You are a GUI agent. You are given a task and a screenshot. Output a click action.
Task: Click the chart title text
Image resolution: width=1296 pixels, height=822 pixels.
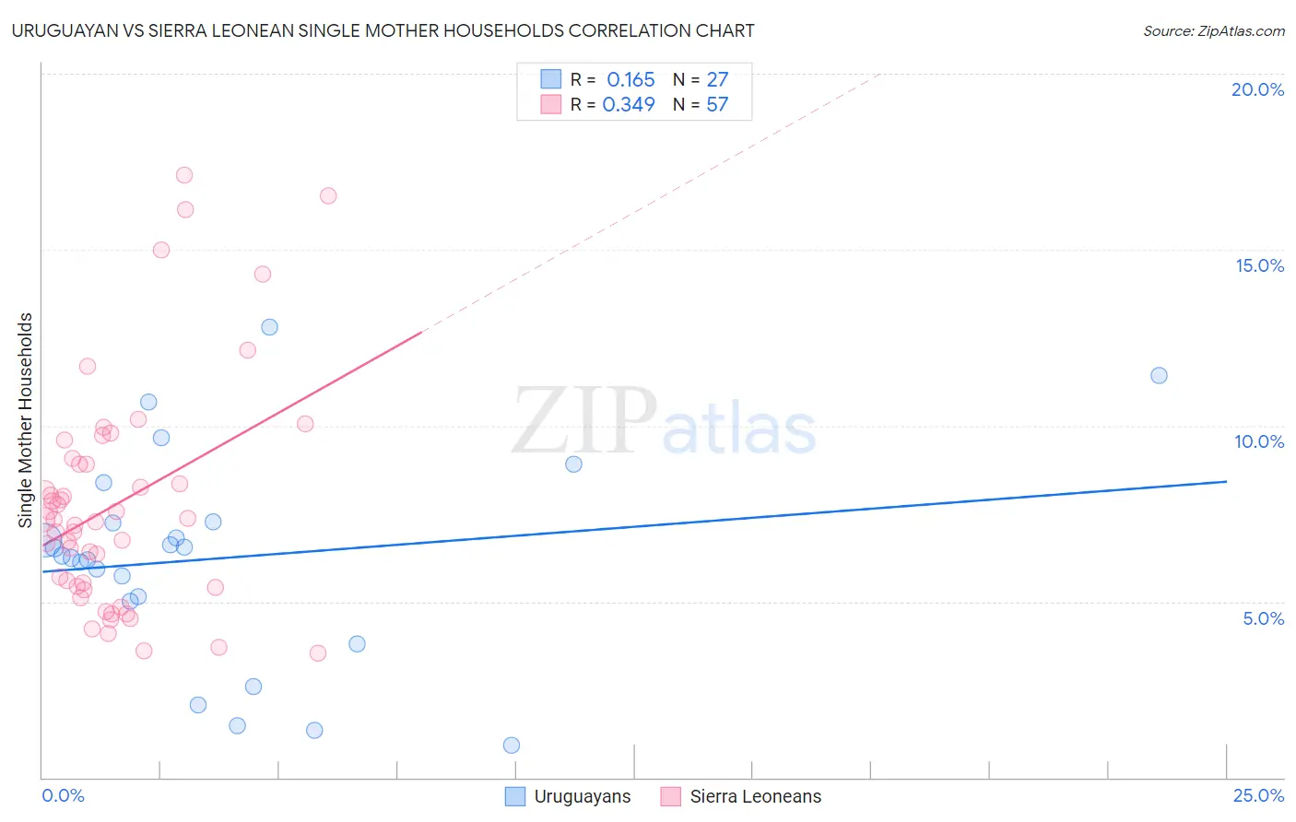point(383,31)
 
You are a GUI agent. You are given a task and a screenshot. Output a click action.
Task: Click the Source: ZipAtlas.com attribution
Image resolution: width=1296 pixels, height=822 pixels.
point(1213,31)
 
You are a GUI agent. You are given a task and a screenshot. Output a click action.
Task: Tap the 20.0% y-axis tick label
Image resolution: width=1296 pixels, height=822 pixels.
point(1257,89)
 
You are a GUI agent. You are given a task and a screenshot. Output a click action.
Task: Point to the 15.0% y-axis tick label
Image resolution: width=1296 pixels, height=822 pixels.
point(1259,265)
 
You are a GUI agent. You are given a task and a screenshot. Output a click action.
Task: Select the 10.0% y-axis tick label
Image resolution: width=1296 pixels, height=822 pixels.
point(1259,441)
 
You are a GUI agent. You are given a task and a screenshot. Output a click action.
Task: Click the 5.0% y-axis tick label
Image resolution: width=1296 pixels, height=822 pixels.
point(1263,618)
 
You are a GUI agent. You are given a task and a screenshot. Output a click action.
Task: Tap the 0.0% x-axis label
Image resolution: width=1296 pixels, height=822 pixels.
point(63,796)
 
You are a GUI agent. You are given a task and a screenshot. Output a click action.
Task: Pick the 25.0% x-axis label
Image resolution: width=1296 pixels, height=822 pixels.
point(1258,796)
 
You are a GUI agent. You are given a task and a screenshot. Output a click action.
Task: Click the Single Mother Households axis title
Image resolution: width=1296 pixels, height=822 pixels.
point(26,420)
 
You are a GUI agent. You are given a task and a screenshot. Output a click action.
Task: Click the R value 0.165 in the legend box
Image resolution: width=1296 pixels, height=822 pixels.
point(630,80)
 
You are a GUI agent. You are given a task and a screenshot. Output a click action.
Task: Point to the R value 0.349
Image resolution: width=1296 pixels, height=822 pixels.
point(629,105)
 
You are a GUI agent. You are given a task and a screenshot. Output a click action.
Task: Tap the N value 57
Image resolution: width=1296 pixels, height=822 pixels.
point(717,105)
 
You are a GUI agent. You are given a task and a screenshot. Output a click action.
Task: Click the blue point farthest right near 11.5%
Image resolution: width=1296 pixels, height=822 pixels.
point(1159,376)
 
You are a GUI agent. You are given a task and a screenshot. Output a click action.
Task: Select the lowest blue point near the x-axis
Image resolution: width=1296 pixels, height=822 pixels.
point(512,746)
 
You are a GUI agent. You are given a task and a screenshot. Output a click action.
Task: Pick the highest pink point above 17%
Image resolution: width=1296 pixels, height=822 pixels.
point(184,175)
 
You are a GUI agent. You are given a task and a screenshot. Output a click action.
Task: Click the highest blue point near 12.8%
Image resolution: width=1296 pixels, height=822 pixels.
point(269,327)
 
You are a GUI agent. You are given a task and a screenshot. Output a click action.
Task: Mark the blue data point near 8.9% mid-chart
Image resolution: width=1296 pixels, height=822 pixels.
point(573,464)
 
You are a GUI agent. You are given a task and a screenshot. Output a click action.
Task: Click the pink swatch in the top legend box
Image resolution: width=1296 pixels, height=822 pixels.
point(550,104)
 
